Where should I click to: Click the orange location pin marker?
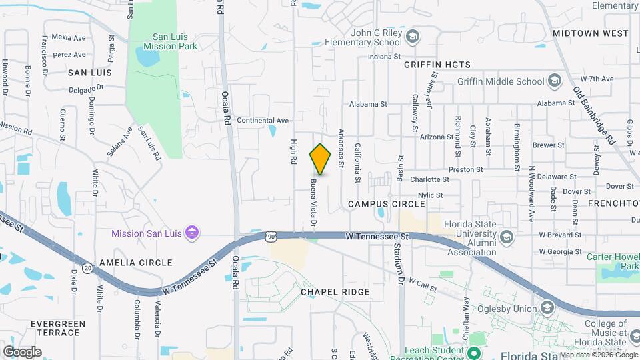pyautogui.click(x=321, y=159)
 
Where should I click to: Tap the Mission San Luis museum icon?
pyautogui.click(x=192, y=233)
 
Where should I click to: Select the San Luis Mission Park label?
pyautogui.click(x=164, y=41)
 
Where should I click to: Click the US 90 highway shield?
pyautogui.click(x=270, y=236)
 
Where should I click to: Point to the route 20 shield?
pyautogui.click(x=88, y=267)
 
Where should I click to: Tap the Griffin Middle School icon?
pyautogui.click(x=554, y=81)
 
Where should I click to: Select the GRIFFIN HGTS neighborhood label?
pyautogui.click(x=437, y=65)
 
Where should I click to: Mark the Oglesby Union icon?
pyautogui.click(x=547, y=308)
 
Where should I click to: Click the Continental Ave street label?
pyautogui.click(x=263, y=121)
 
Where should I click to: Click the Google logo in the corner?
pyautogui.click(x=22, y=351)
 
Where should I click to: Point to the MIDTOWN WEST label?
pyautogui.click(x=590, y=33)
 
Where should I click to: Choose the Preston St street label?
pyautogui.click(x=465, y=170)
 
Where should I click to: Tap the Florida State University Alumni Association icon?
pyautogui.click(x=507, y=236)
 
